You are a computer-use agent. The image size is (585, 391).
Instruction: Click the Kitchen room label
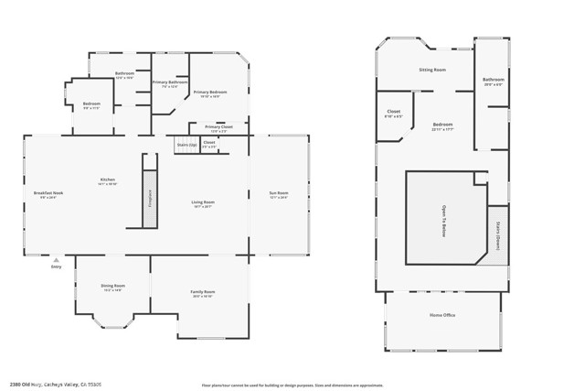(x=108, y=180)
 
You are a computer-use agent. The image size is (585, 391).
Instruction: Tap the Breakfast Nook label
(x=48, y=194)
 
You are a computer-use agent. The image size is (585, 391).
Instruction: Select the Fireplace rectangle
(x=150, y=198)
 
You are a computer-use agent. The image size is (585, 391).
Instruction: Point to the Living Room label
(x=202, y=203)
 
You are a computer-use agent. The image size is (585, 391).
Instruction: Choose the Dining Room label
(x=112, y=287)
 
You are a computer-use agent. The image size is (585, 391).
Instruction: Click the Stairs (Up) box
(x=186, y=145)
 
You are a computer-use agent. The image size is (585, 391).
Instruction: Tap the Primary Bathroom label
(x=170, y=83)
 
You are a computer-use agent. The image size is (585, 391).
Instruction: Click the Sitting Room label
(x=431, y=70)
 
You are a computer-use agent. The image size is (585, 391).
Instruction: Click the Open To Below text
(x=444, y=221)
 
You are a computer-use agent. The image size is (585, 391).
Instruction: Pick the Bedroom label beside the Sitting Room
(x=442, y=125)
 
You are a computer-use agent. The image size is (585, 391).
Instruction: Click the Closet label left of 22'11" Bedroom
(x=393, y=114)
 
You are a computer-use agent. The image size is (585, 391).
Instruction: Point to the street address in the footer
(x=55, y=385)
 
